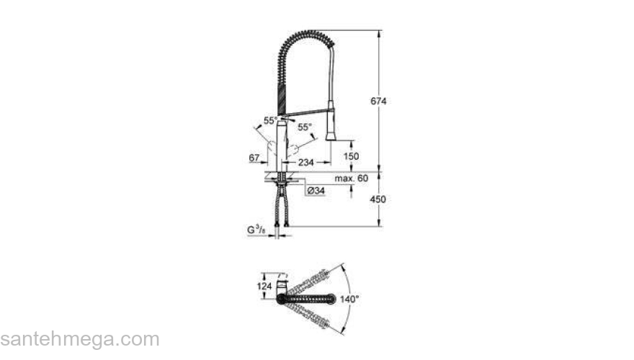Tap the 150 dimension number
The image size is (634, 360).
(350, 156)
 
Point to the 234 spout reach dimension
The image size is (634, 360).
(305, 163)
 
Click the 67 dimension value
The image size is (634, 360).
(254, 158)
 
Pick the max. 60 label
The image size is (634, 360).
(352, 177)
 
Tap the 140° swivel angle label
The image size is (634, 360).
(349, 298)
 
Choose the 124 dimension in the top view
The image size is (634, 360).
(264, 286)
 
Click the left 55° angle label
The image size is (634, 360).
(269, 121)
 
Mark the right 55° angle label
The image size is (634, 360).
(305, 127)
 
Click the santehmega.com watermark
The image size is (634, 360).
(79, 339)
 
